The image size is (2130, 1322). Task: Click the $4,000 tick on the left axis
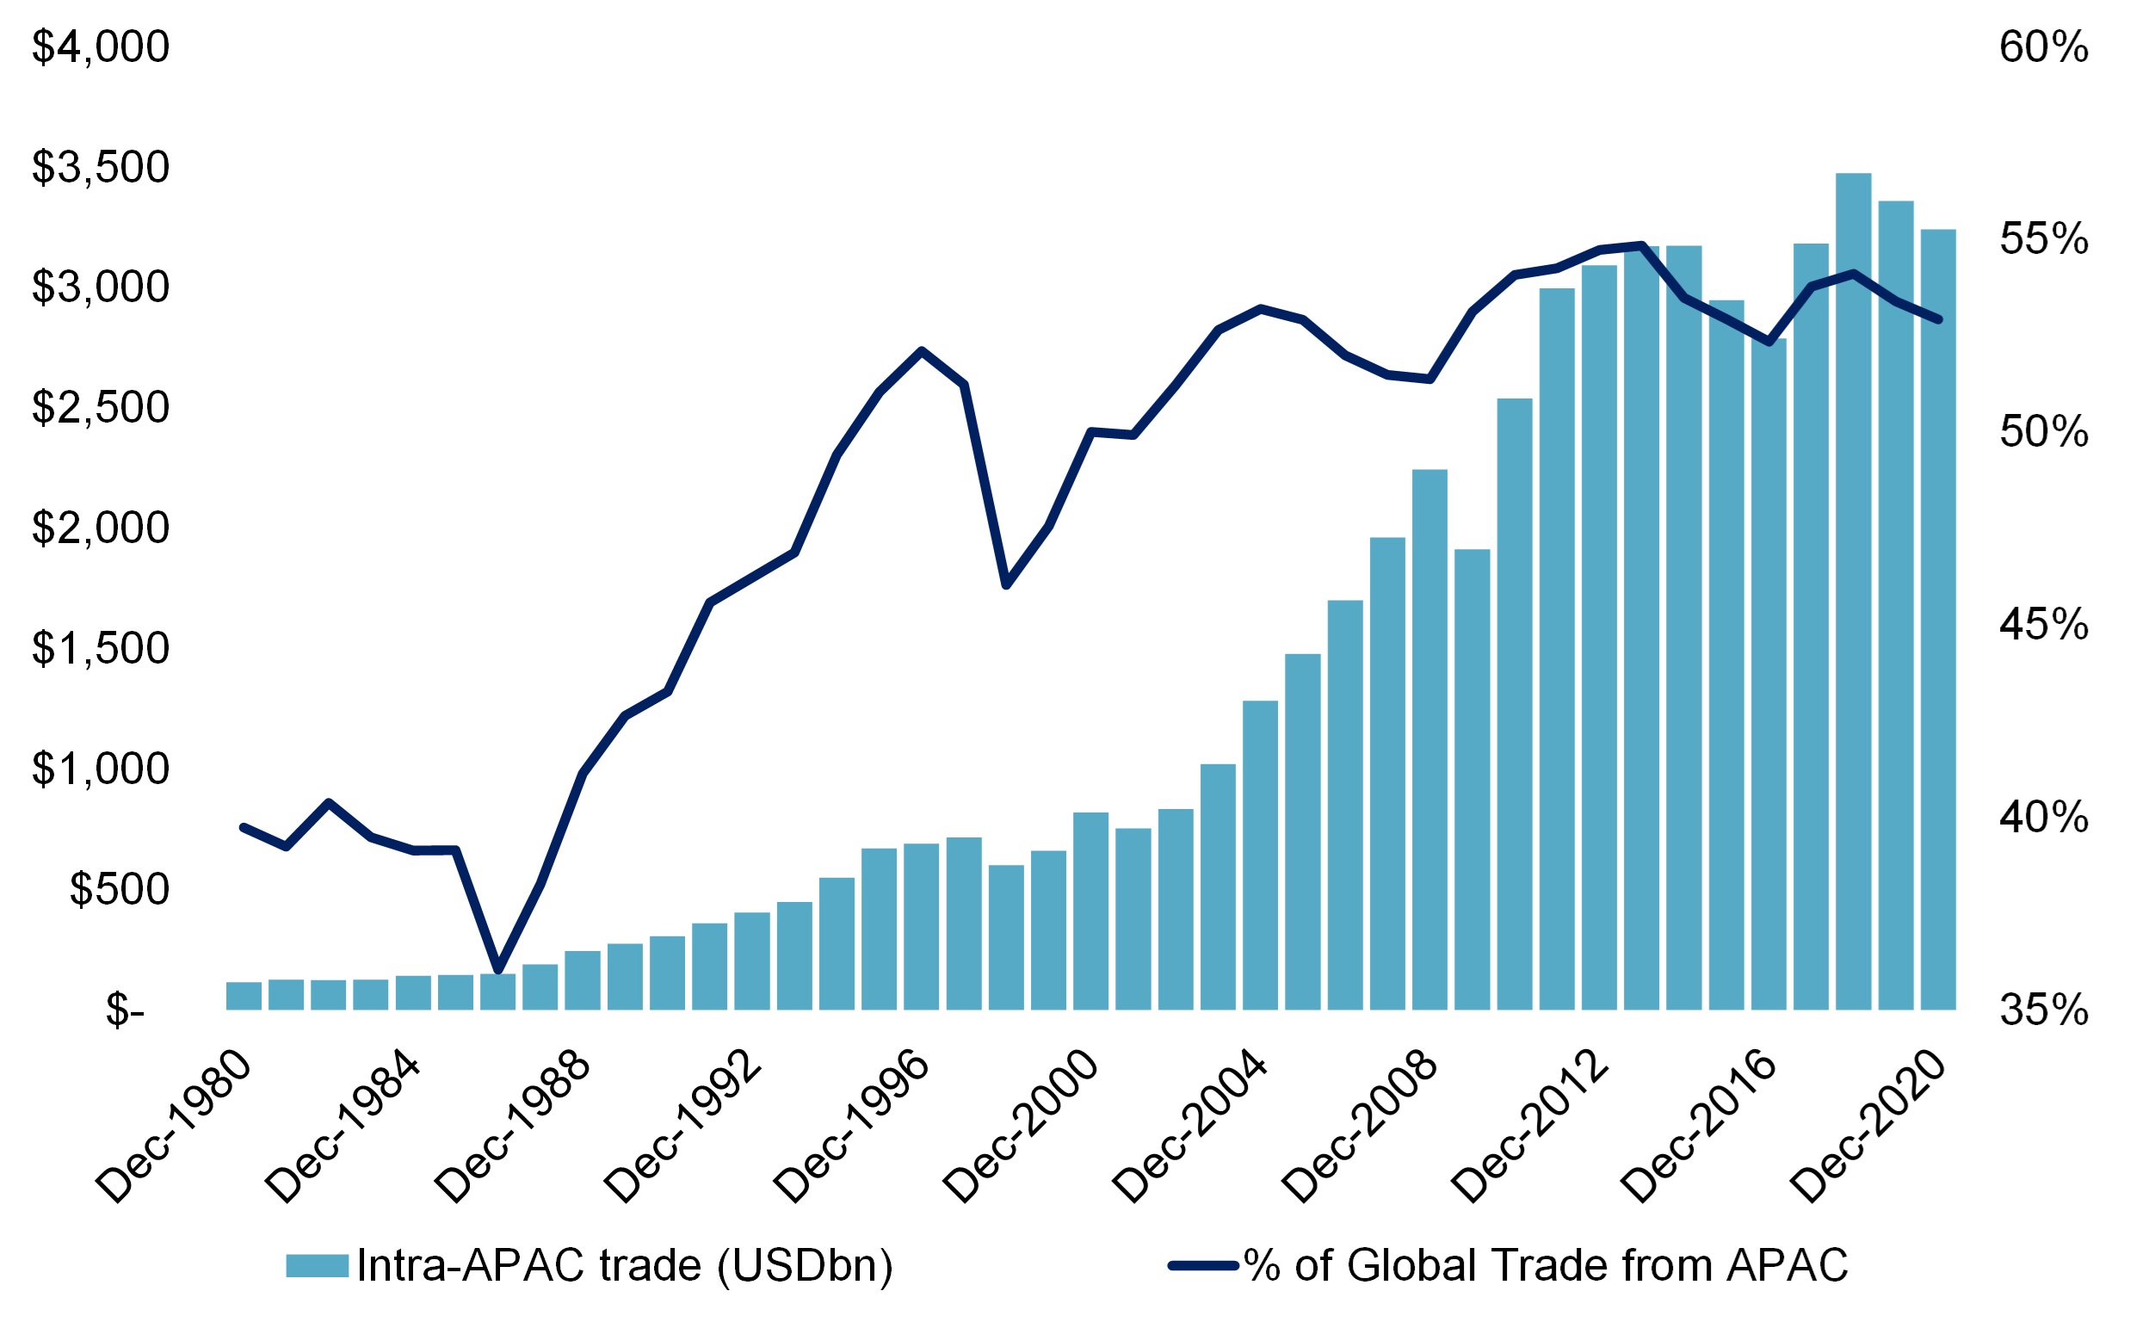(x=101, y=46)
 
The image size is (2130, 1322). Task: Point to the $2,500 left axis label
(x=101, y=407)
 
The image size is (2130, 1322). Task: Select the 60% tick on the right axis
(x=2043, y=46)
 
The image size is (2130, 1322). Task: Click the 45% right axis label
(x=2043, y=625)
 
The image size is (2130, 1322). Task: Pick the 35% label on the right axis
(x=2043, y=1010)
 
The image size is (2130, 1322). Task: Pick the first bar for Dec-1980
(x=244, y=996)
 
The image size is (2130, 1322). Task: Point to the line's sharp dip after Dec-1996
(x=1006, y=584)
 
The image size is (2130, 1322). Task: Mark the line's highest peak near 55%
(x=1641, y=244)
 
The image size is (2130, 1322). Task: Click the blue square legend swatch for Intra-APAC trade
(x=318, y=1265)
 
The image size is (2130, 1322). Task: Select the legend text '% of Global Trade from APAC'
(x=1546, y=1265)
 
